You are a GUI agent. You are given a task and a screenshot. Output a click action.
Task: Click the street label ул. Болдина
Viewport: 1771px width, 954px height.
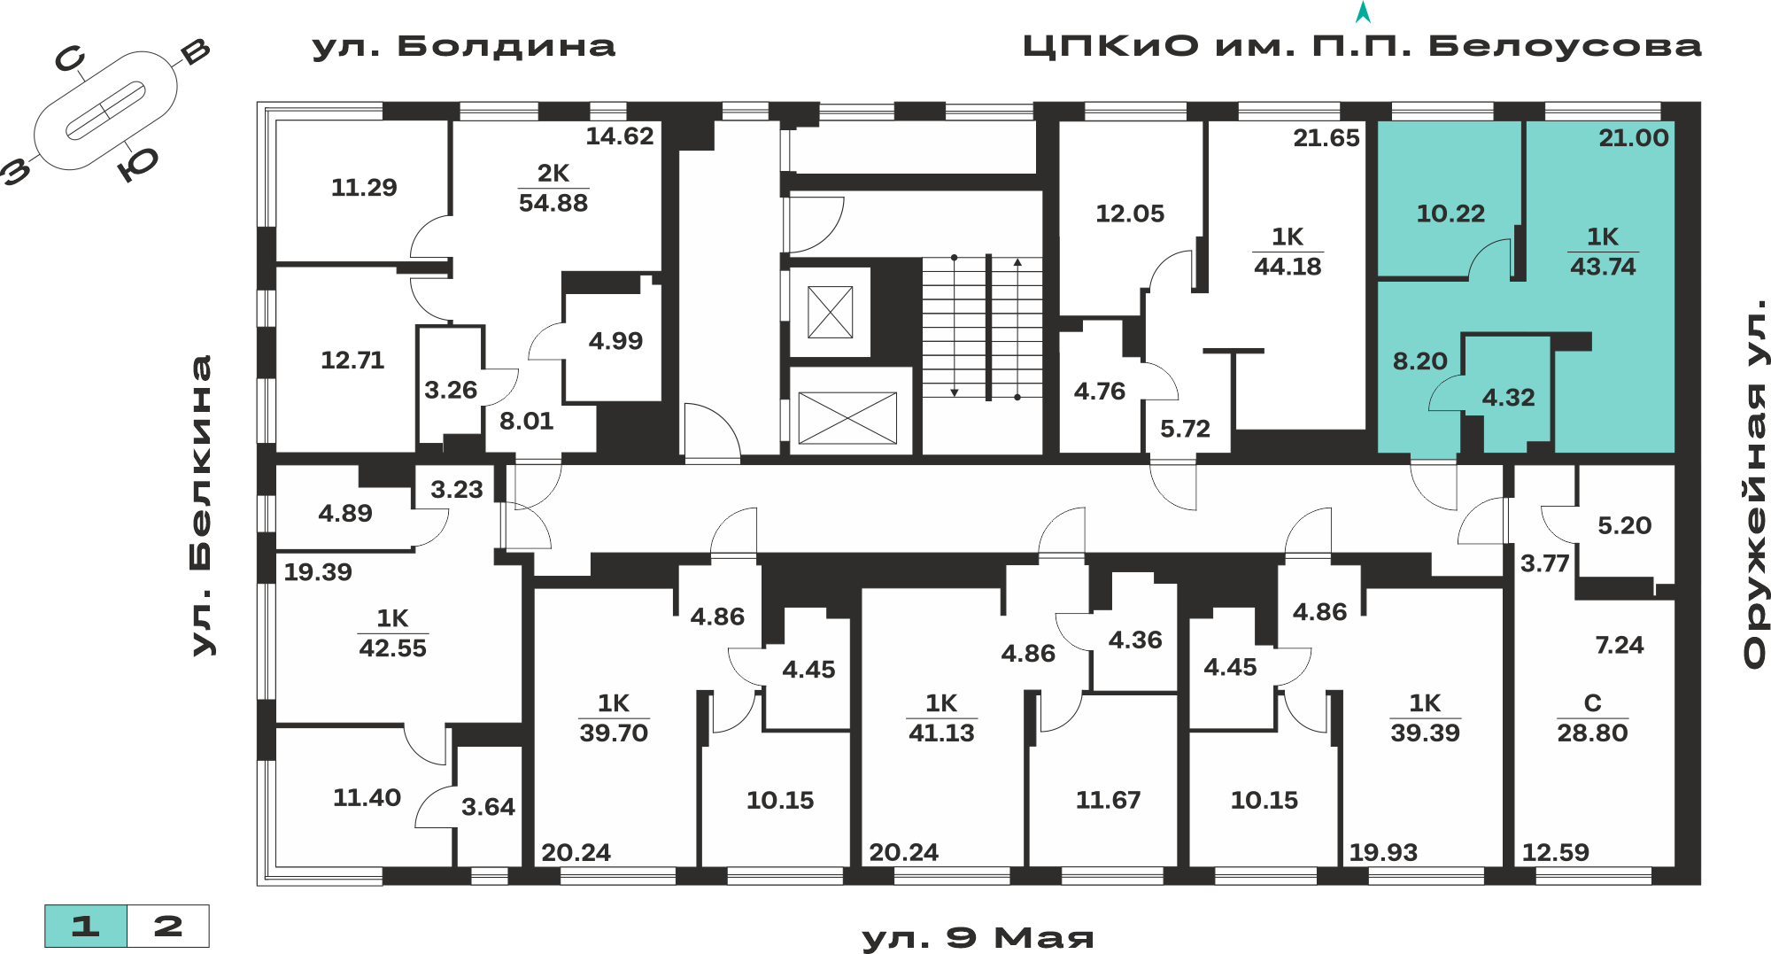(x=463, y=46)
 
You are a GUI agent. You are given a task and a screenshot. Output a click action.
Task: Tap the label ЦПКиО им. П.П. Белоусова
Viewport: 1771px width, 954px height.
(x=1362, y=46)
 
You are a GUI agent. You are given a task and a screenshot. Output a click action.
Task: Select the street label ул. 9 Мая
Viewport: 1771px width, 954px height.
(x=978, y=938)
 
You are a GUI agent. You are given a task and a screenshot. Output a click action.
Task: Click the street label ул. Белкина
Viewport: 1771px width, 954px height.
(x=203, y=506)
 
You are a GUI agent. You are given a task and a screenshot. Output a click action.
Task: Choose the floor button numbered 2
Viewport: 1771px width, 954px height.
(x=168, y=927)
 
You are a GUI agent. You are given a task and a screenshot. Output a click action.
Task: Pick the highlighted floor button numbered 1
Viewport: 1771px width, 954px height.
(x=86, y=927)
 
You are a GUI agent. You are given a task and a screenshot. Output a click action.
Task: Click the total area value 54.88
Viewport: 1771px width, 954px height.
(x=553, y=203)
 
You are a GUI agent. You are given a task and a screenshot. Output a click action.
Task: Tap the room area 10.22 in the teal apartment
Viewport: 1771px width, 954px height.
(x=1450, y=213)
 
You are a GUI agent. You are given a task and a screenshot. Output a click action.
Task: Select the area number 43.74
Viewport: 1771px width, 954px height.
(x=1603, y=267)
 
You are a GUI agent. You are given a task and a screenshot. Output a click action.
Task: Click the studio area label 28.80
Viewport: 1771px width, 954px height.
(x=1592, y=733)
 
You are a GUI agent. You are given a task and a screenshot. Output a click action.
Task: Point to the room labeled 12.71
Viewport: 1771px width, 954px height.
(x=352, y=361)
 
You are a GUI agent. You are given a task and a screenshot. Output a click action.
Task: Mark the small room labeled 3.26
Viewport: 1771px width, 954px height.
(x=451, y=390)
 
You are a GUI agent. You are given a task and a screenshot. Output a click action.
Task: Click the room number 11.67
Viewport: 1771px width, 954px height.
(x=1108, y=800)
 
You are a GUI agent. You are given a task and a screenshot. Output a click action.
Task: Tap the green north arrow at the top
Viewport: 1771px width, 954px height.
(x=1364, y=12)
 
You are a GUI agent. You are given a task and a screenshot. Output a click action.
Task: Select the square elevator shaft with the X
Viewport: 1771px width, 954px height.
(x=831, y=312)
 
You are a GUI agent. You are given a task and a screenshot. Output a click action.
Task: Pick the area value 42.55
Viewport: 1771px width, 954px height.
(x=392, y=648)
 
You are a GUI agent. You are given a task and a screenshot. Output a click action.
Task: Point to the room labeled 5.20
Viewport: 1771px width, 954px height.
(x=1624, y=525)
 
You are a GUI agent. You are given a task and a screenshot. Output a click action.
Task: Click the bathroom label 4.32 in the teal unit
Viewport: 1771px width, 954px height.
(x=1508, y=398)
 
